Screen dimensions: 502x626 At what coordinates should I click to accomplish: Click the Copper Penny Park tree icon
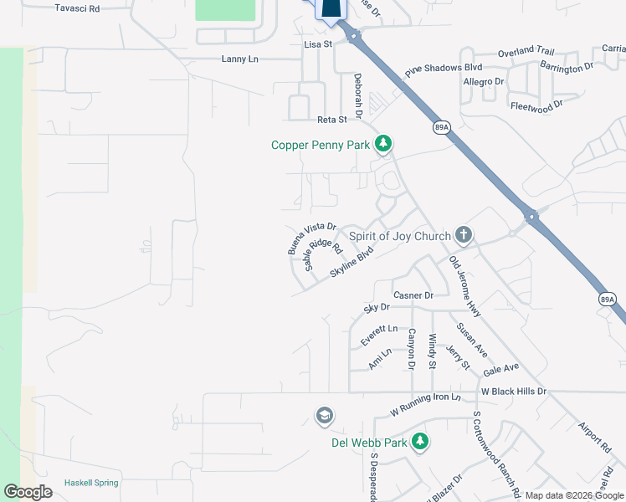[x=383, y=145]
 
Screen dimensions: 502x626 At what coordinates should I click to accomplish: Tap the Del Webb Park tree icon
[x=419, y=441]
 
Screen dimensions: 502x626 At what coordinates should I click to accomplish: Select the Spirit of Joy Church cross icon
[x=464, y=236]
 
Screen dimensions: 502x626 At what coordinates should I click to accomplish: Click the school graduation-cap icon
[x=324, y=416]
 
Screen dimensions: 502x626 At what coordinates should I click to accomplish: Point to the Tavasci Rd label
[x=77, y=8]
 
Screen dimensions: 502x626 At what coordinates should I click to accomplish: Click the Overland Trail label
[x=526, y=52]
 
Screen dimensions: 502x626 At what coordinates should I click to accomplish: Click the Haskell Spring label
[x=91, y=483]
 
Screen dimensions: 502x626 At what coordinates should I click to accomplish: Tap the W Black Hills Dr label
[x=513, y=391]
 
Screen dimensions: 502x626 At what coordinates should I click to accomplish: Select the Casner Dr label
[x=413, y=295]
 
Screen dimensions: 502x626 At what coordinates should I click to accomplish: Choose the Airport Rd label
[x=595, y=438]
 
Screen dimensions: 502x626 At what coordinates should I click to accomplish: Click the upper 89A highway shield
[x=442, y=127]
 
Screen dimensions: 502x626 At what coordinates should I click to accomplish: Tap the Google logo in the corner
[x=28, y=492]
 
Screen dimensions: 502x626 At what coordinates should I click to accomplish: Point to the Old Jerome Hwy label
[x=464, y=286]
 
